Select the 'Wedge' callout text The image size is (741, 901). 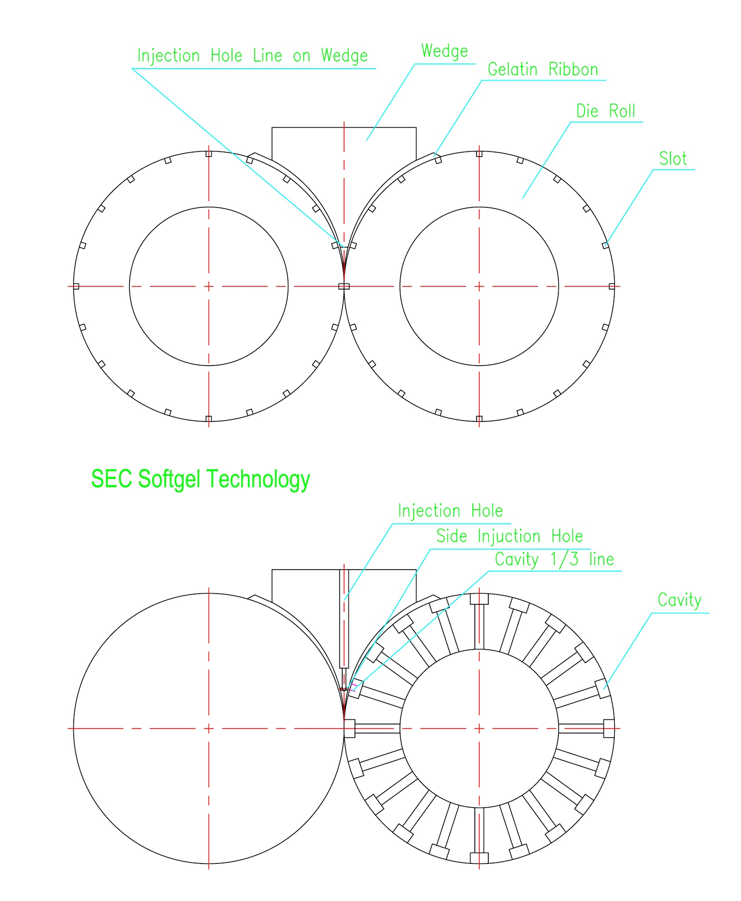point(444,51)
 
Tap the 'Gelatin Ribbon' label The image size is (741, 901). point(542,70)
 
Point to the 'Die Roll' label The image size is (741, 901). point(605,112)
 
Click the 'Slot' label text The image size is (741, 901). point(672,159)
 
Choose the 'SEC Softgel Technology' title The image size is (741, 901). point(201,479)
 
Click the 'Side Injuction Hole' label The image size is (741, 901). point(509,536)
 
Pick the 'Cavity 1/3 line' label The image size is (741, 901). point(554,559)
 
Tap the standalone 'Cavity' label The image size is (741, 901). point(679,600)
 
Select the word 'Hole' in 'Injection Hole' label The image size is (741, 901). point(487,511)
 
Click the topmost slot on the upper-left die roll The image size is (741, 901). point(209,154)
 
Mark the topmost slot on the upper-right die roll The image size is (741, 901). point(479,154)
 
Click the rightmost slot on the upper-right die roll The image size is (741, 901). point(611,286)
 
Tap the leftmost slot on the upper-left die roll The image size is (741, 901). point(77,286)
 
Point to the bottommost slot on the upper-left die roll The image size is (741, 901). point(209,419)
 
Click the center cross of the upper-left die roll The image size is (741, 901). point(209,286)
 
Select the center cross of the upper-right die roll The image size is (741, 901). point(479,286)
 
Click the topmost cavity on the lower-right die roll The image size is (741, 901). point(479,599)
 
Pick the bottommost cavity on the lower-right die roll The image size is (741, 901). point(479,857)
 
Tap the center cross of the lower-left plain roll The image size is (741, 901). point(209,728)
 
